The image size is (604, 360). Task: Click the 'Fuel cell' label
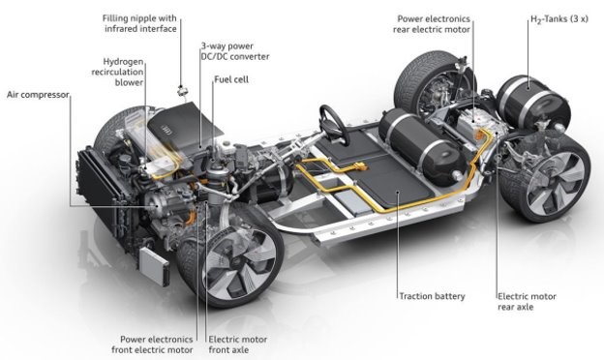(x=231, y=79)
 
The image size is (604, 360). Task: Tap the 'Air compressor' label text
(x=38, y=95)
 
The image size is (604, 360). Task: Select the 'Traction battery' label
(x=432, y=296)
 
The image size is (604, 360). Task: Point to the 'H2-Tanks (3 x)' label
(x=559, y=19)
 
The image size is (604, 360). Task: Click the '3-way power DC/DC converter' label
(x=235, y=51)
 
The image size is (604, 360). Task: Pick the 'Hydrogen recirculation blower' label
(x=117, y=72)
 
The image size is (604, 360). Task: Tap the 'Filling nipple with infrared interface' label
(x=139, y=23)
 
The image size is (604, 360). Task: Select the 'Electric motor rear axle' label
(x=527, y=302)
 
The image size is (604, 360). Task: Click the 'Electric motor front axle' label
(x=238, y=345)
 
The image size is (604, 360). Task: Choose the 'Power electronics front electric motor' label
(x=153, y=345)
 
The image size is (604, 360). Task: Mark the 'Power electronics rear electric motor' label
(x=432, y=24)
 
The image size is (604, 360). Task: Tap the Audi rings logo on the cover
(x=169, y=130)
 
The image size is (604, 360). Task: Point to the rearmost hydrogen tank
(x=533, y=102)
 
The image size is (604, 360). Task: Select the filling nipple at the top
(x=181, y=91)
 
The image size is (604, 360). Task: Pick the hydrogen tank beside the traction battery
(x=422, y=147)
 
